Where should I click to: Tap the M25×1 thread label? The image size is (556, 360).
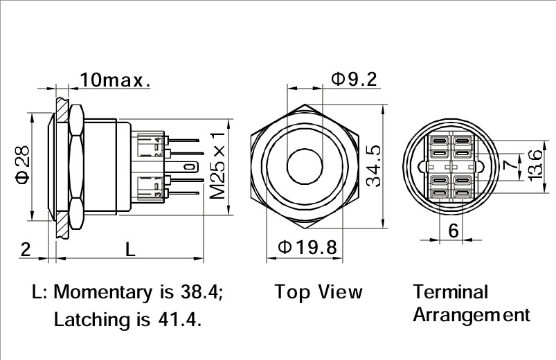[x=218, y=165]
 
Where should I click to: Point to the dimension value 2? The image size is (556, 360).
[x=25, y=250]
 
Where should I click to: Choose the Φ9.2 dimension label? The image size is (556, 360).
[x=353, y=79]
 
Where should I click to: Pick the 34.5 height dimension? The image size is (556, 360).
[x=375, y=166]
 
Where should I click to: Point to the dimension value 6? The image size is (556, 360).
[x=454, y=231]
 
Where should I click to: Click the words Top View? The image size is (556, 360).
[x=319, y=291]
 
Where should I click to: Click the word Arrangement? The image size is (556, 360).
[x=472, y=314]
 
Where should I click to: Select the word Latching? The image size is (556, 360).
[x=87, y=320]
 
